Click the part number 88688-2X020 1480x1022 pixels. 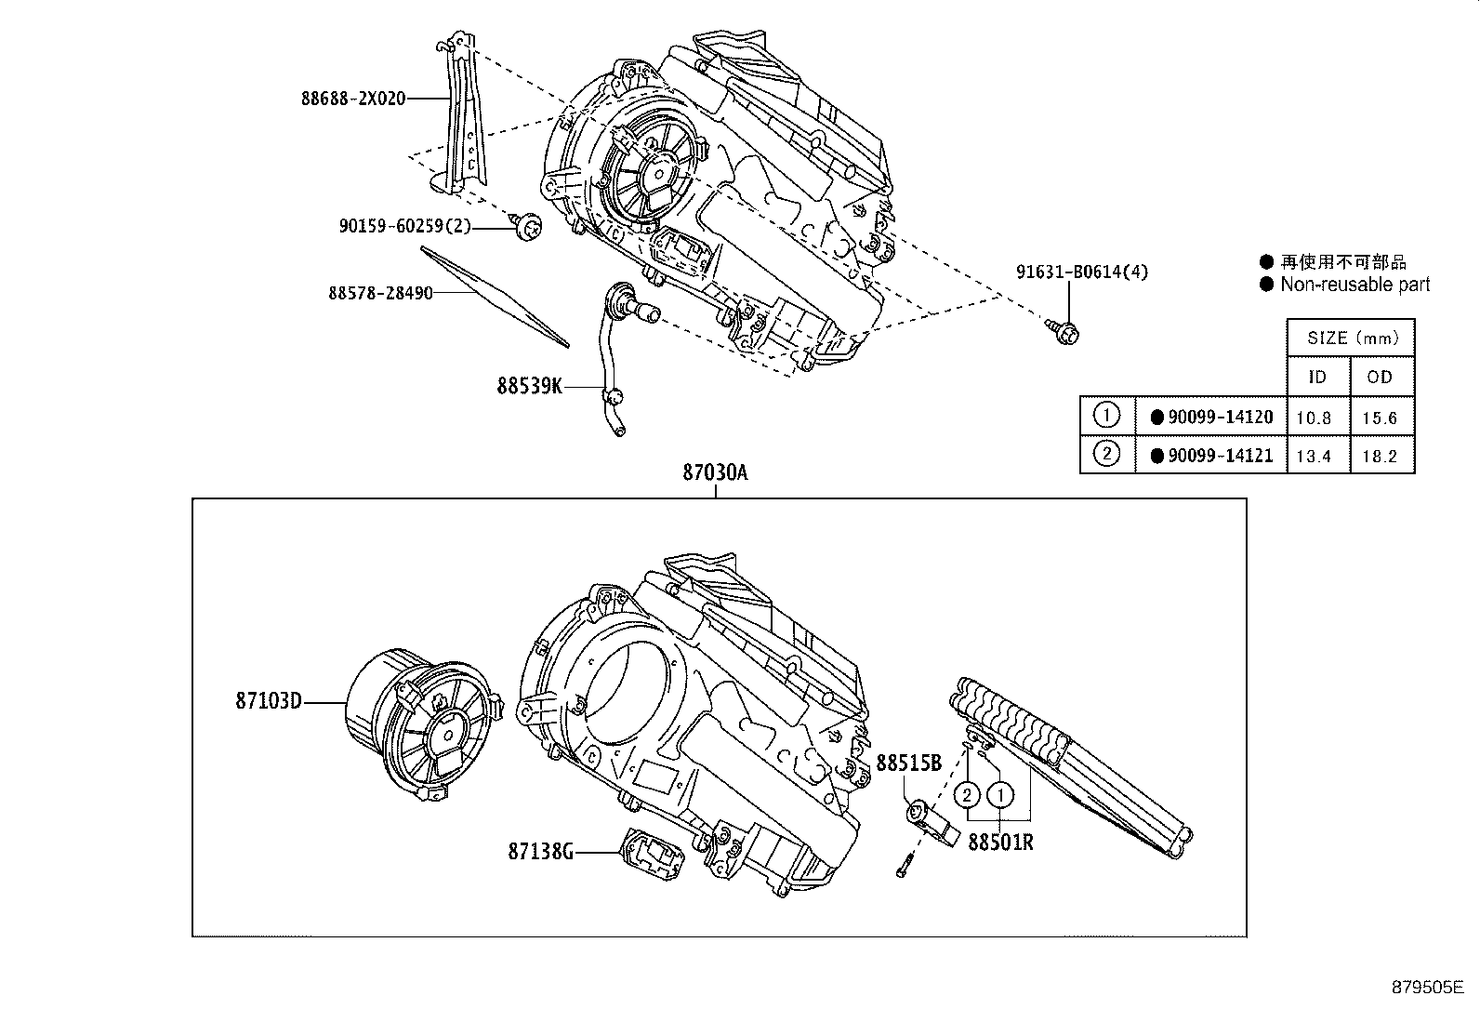point(353,98)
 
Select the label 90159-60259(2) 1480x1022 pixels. point(405,225)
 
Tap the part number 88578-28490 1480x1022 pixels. point(380,293)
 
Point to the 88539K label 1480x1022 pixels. point(529,385)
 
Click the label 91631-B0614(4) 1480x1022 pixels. point(1081,272)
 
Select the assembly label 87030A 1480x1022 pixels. point(715,472)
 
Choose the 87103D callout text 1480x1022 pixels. point(269,701)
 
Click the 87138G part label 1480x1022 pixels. point(540,851)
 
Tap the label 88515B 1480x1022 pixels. point(909,763)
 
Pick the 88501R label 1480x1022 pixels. point(1000,843)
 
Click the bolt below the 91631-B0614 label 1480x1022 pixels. point(1065,330)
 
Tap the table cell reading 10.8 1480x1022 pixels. point(1314,418)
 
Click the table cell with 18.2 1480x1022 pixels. point(1380,456)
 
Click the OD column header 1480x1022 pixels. point(1380,377)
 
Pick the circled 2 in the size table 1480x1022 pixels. point(1106,455)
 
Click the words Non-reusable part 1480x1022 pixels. point(1354,285)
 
